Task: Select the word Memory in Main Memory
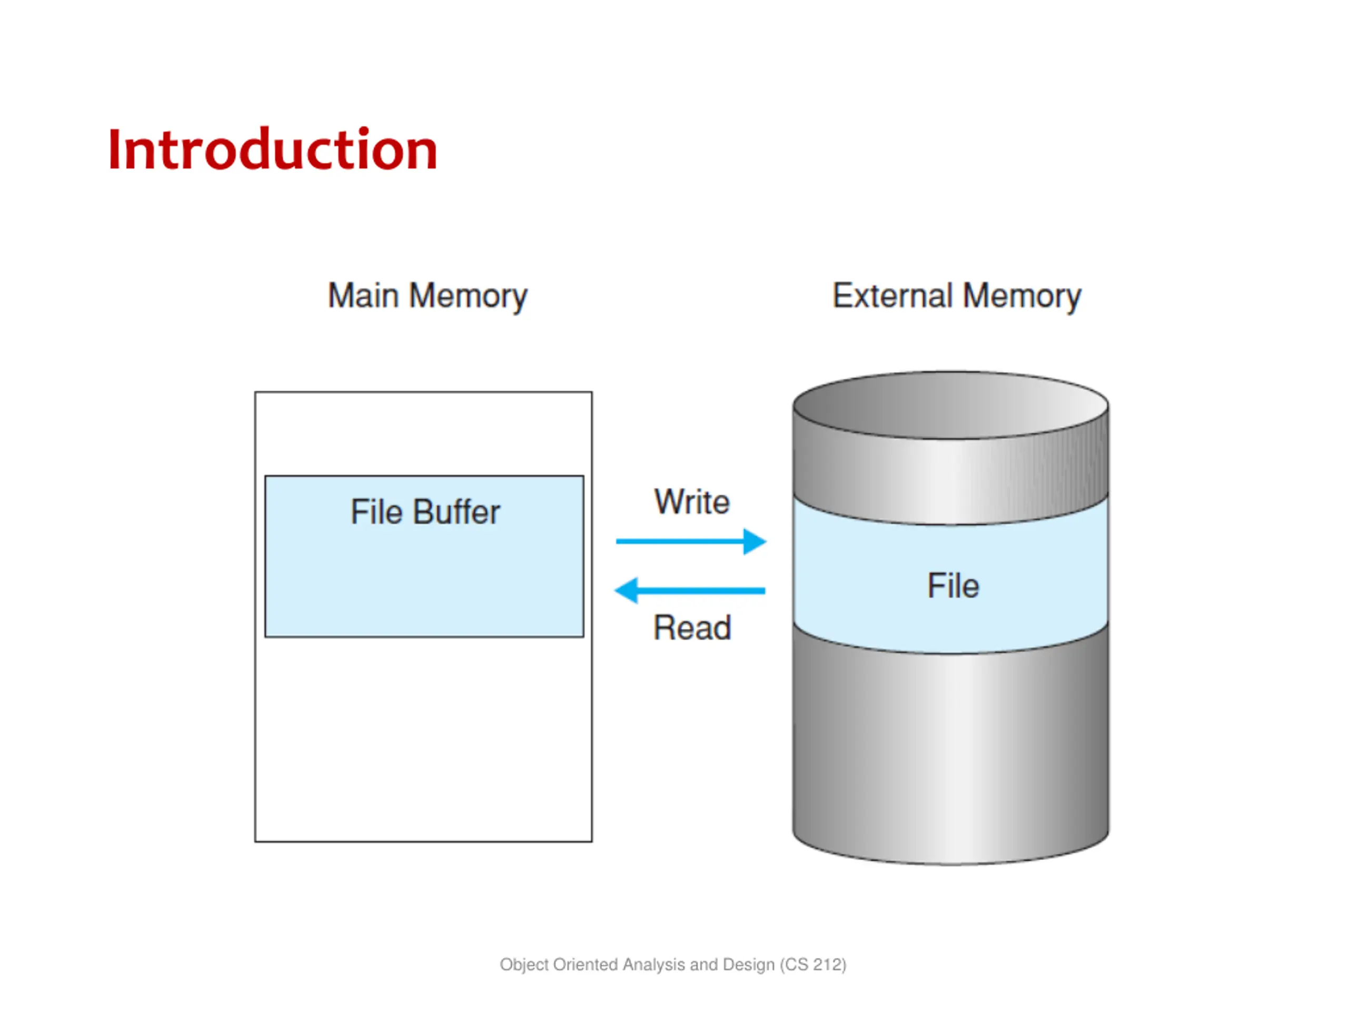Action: click(468, 298)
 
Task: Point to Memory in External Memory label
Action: click(1022, 298)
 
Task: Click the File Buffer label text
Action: click(425, 511)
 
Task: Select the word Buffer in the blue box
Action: click(457, 511)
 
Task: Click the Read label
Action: click(692, 628)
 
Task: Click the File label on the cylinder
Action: click(953, 586)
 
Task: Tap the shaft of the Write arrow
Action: click(680, 541)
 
